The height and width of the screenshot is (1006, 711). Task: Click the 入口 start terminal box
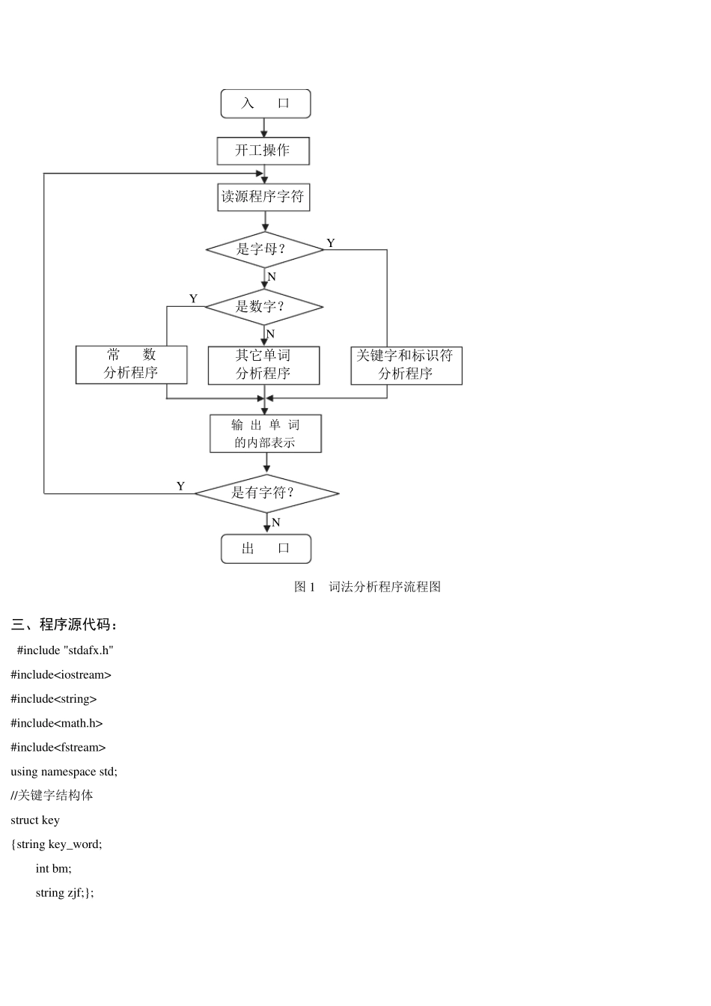[x=265, y=103]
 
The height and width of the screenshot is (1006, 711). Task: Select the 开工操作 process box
[x=263, y=150]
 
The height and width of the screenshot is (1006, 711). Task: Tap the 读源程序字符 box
[x=263, y=198]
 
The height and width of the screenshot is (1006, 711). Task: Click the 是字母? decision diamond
[x=264, y=249]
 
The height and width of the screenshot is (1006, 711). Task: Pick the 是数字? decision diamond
[x=263, y=307]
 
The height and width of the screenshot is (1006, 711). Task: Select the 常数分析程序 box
[x=131, y=365]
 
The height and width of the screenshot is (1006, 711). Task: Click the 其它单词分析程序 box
[x=263, y=365]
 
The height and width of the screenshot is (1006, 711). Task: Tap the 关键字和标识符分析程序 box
[x=406, y=365]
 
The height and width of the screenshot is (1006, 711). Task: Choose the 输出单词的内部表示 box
[x=265, y=433]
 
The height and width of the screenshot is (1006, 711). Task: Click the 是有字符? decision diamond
[x=266, y=493]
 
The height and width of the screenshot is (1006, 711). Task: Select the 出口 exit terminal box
[x=266, y=549]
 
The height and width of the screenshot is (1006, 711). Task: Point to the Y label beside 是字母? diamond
[x=331, y=243]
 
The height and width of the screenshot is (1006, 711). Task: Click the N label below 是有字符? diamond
[x=276, y=522]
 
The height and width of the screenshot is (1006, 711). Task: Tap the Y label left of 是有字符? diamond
[x=180, y=487]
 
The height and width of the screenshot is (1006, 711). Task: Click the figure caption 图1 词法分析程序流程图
[x=367, y=587]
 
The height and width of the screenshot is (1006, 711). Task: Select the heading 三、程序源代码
[x=64, y=624]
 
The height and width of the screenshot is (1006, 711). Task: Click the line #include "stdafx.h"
[x=65, y=650]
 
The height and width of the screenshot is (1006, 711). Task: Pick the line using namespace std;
[x=64, y=772]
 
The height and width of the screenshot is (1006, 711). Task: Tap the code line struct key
[x=35, y=820]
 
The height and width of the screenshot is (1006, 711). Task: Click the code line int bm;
[x=54, y=869]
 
